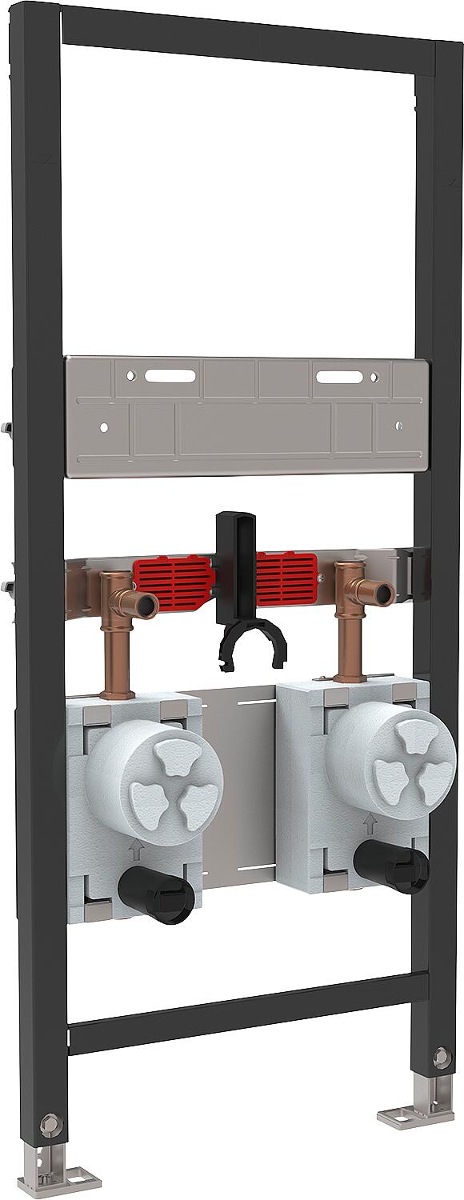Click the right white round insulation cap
click(x=391, y=756)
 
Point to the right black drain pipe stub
click(x=392, y=867)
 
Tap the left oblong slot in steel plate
click(x=171, y=375)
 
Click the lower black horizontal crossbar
click(x=248, y=1012)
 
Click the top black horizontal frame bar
click(x=248, y=41)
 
